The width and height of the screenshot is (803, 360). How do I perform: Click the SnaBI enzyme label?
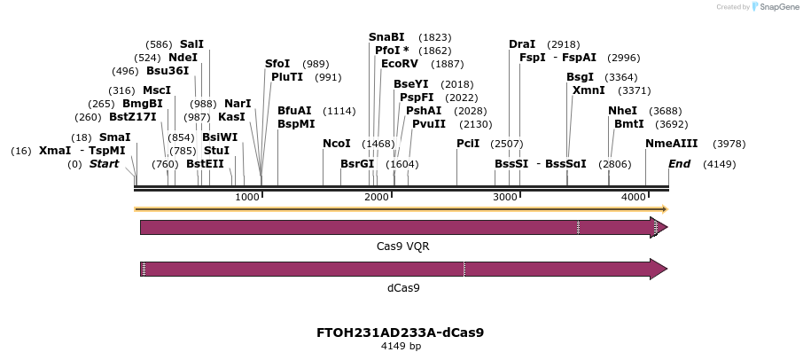(386, 37)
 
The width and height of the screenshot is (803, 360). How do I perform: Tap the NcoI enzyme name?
(336, 144)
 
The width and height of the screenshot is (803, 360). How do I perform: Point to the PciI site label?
(468, 144)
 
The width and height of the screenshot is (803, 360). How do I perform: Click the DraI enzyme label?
(522, 44)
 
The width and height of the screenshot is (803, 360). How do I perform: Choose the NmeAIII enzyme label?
(671, 144)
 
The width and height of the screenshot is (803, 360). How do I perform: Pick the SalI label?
(191, 43)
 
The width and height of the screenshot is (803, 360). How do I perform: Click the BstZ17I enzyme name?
(133, 117)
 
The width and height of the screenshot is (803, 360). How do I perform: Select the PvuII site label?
(429, 124)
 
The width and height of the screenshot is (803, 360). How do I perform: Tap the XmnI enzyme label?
(588, 90)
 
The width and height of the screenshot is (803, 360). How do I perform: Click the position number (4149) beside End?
(719, 164)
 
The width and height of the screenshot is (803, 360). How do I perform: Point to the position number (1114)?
(339, 111)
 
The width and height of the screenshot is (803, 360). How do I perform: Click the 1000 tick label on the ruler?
(247, 196)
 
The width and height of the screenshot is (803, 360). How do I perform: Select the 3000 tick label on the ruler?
(505, 196)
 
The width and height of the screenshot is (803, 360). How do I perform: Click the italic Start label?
(104, 164)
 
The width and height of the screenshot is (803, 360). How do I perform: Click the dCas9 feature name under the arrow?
(403, 287)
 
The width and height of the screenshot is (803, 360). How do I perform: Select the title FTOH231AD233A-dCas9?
(400, 333)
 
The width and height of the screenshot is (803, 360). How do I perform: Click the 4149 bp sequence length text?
(400, 346)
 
